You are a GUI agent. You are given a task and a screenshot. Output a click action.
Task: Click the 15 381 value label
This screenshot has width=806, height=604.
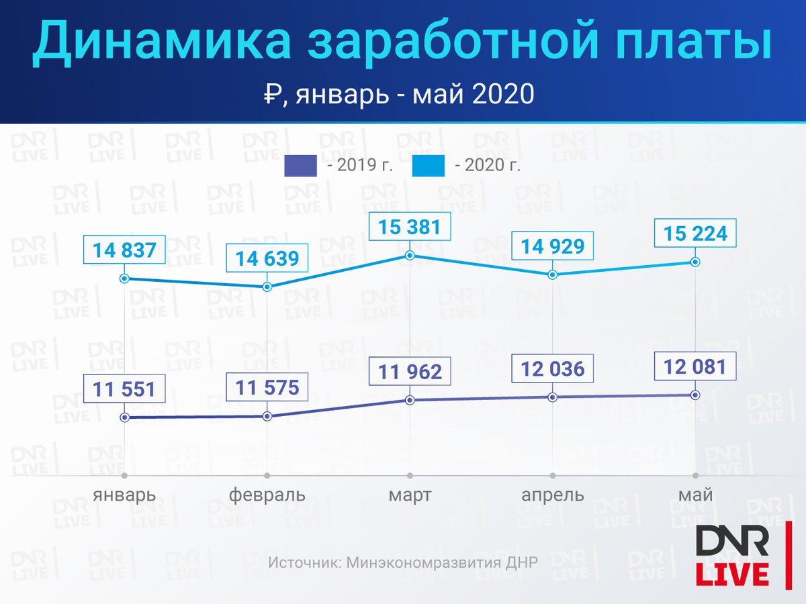(410, 226)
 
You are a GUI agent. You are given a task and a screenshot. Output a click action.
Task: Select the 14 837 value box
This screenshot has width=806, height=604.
(124, 250)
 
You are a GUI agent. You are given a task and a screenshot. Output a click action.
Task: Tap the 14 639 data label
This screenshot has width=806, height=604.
(267, 258)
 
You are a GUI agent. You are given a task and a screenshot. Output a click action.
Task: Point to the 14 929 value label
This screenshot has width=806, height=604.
(553, 246)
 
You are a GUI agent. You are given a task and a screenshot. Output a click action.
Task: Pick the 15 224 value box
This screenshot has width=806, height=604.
(695, 233)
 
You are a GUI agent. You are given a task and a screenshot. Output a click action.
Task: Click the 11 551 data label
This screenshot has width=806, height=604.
(124, 389)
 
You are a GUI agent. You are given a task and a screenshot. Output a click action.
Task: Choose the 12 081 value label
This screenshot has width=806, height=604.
(695, 366)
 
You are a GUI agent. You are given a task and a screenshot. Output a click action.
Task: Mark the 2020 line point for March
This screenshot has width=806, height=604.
(410, 255)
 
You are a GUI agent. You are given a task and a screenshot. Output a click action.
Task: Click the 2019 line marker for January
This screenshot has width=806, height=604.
(124, 417)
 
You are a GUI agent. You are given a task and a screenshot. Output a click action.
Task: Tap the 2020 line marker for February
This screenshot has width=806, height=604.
(267, 287)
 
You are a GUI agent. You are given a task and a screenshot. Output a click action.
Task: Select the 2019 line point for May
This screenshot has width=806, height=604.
(695, 395)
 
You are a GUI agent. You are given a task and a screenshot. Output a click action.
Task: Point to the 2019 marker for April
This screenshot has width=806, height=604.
(553, 397)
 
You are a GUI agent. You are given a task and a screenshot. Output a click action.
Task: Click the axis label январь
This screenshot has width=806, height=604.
(124, 495)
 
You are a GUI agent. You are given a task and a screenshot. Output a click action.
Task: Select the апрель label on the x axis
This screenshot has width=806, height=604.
(553, 495)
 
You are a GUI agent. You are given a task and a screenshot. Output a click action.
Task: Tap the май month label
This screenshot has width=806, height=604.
(695, 495)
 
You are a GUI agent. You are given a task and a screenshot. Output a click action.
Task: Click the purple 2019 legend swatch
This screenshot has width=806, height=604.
(300, 166)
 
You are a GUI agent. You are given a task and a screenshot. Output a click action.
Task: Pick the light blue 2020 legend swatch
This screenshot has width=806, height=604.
(428, 166)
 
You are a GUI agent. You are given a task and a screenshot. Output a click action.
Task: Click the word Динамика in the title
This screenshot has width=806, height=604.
(162, 41)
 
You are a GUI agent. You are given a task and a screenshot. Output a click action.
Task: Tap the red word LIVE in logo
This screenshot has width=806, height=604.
(732, 575)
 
